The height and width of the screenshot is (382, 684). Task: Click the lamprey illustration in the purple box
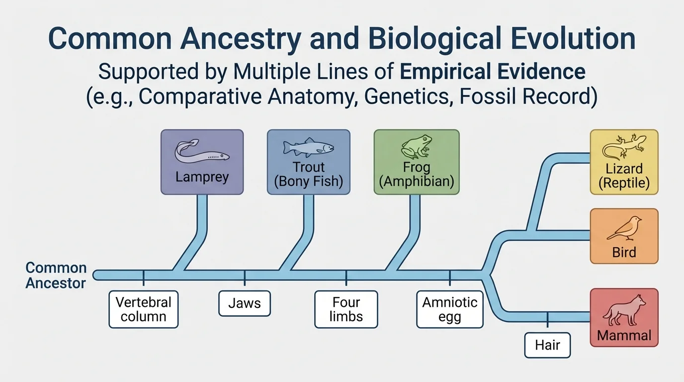(x=202, y=151)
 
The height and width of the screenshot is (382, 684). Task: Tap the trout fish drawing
(x=308, y=148)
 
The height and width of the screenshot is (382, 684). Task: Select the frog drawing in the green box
(x=417, y=147)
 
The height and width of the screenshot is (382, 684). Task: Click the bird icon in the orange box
(x=624, y=228)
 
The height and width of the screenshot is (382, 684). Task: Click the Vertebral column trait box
(x=143, y=309)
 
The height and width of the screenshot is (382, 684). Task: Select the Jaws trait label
(x=245, y=303)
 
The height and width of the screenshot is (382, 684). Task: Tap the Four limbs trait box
(x=346, y=309)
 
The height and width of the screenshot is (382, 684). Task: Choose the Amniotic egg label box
(x=450, y=309)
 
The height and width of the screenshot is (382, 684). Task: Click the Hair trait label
(x=548, y=345)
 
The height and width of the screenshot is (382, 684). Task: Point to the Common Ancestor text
(x=56, y=275)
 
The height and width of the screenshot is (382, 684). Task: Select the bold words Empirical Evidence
(x=493, y=72)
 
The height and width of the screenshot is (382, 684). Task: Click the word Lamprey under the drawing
(x=202, y=177)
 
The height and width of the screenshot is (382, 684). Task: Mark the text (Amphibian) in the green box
(x=417, y=182)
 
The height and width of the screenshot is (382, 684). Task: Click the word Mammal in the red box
(x=624, y=335)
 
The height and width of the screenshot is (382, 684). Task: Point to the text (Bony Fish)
(x=308, y=182)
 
